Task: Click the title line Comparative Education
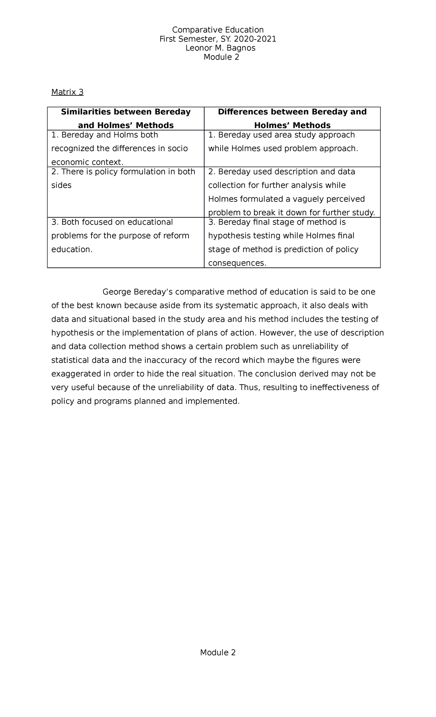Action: click(218, 30)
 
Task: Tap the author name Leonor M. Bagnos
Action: click(220, 48)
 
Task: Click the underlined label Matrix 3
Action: click(67, 92)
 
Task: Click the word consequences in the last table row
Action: click(237, 263)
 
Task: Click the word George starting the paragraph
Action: click(117, 292)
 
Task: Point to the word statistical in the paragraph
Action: click(70, 360)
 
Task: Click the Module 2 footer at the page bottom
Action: click(218, 663)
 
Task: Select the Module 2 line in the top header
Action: click(221, 57)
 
